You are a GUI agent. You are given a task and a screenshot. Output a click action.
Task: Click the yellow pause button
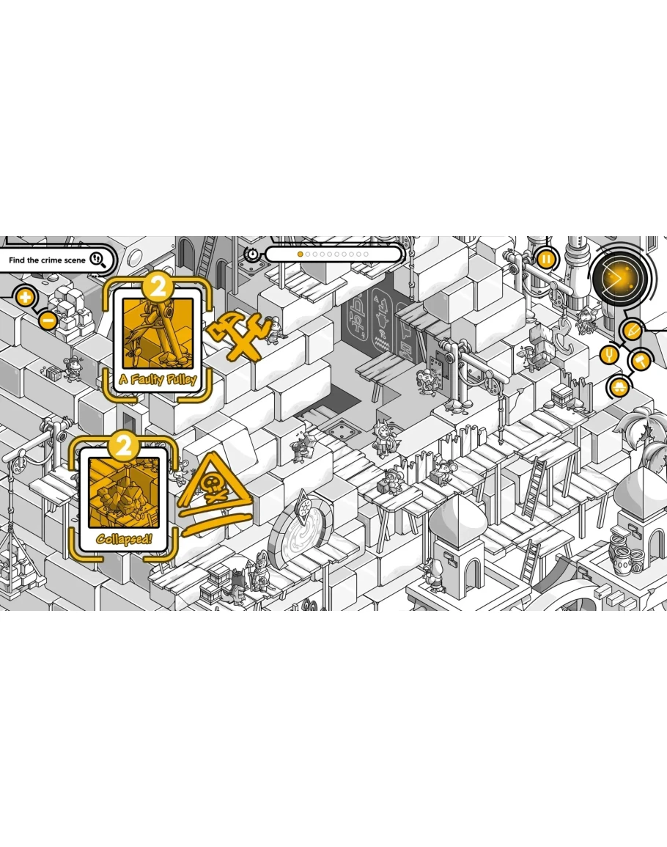tap(546, 260)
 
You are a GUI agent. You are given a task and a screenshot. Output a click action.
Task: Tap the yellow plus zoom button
tap(25, 297)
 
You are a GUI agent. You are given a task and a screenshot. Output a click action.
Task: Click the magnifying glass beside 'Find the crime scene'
tap(98, 260)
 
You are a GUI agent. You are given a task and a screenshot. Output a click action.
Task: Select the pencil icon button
tap(632, 329)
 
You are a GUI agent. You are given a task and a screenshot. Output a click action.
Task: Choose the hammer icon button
tap(642, 360)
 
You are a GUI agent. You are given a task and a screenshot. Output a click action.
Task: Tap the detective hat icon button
tap(619, 386)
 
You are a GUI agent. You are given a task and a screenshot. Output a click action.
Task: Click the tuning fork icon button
tap(610, 355)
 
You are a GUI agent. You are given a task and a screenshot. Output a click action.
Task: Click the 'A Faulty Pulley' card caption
tap(158, 379)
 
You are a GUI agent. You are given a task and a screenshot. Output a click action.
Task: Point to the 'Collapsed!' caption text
tap(124, 538)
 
